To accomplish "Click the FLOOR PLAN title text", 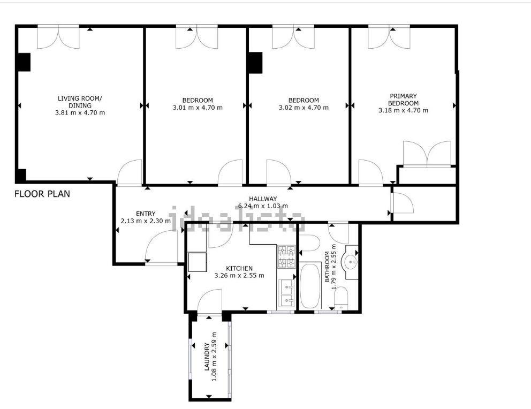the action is click(42, 194).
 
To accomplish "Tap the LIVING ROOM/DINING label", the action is click(80, 102).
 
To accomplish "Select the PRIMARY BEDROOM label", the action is click(403, 100).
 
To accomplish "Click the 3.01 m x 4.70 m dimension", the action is click(198, 108).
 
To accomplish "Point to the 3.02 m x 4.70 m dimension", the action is click(304, 108).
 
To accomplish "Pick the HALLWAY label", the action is click(263, 199).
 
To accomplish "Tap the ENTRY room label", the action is click(146, 214).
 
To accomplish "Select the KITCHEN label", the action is click(239, 269).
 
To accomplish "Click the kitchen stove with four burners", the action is click(286, 256).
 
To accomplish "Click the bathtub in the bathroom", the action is click(310, 286).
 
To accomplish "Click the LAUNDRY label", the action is click(207, 357).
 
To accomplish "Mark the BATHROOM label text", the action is click(327, 267).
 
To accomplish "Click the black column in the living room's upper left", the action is click(24, 62).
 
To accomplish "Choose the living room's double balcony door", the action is click(58, 37).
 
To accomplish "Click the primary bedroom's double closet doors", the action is click(427, 154).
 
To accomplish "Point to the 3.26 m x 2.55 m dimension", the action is click(239, 276).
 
